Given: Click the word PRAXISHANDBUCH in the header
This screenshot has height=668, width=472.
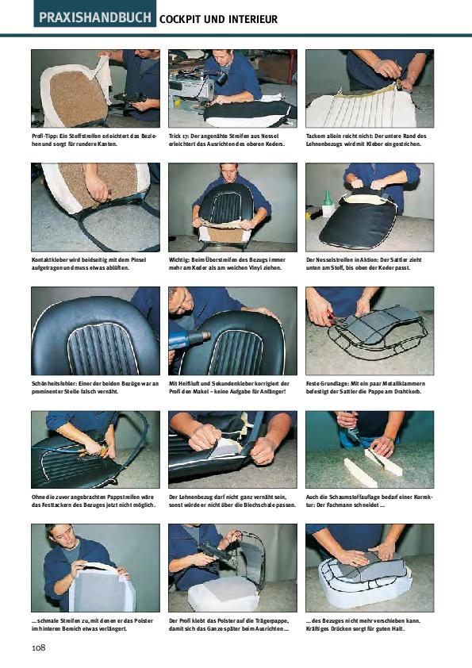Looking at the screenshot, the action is coord(95,17).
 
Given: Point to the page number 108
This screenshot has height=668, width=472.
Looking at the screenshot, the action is coord(38,647).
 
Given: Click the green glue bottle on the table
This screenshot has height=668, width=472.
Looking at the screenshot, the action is coord(327,204).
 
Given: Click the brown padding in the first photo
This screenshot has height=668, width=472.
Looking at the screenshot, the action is coord(79,98).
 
